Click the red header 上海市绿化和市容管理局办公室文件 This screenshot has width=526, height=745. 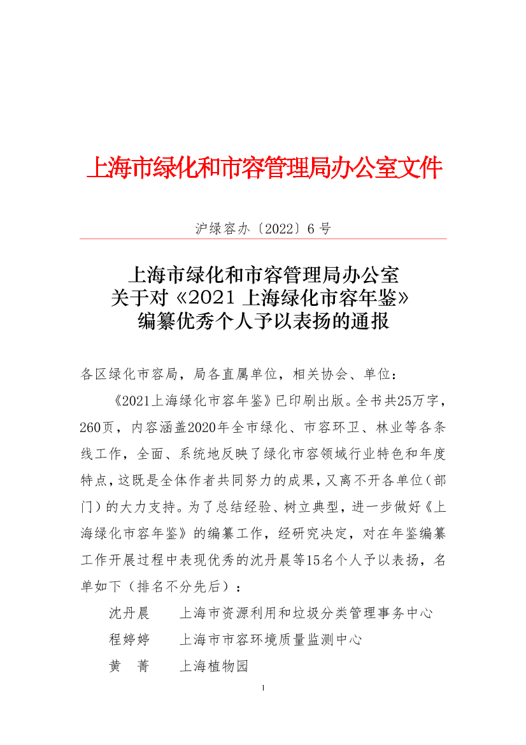click(263, 168)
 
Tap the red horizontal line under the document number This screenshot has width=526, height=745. click(263, 239)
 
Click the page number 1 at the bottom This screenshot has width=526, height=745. click(263, 688)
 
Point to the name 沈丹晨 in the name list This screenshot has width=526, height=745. click(129, 613)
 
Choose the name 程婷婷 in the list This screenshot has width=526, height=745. click(129, 640)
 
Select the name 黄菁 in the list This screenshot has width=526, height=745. click(129, 667)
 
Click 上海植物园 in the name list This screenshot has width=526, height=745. click(213, 667)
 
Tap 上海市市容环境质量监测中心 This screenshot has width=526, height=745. click(271, 640)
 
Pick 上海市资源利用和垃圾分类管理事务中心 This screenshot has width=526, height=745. click(306, 613)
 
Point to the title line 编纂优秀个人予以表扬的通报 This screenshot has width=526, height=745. click(263, 321)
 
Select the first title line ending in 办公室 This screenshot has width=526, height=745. click(263, 275)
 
